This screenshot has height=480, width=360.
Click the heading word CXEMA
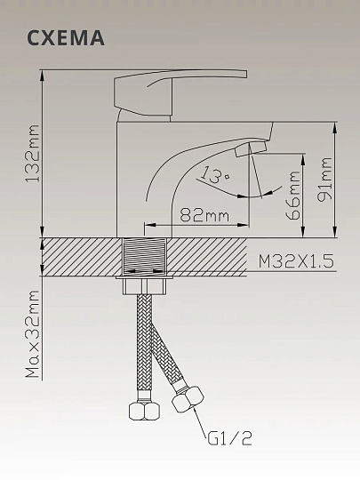tap(66, 38)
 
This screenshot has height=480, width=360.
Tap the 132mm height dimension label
tap(33, 153)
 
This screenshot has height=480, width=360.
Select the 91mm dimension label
tap(324, 180)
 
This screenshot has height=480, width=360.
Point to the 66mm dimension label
tap(292, 195)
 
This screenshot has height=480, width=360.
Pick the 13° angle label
tap(215, 175)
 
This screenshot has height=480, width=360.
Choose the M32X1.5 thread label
tap(296, 261)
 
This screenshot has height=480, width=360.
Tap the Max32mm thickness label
tap(33, 333)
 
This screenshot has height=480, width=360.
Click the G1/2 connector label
tap(230, 438)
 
